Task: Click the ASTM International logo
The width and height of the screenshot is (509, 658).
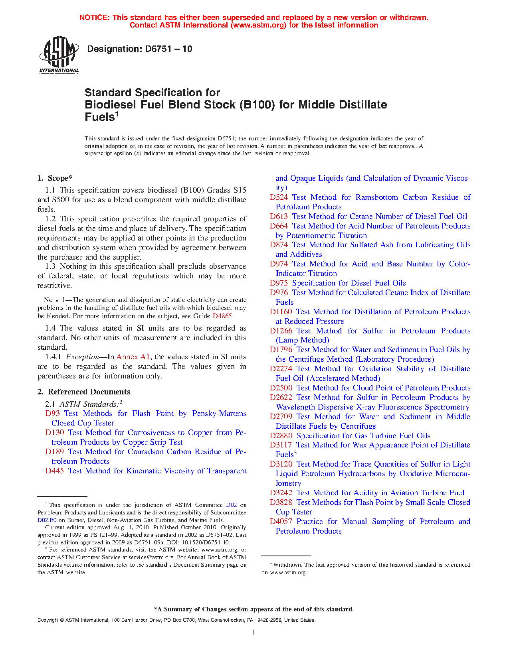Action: [59, 55]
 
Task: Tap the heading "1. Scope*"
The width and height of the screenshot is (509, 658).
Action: [55, 178]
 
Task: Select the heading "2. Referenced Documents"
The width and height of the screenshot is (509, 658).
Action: [84, 392]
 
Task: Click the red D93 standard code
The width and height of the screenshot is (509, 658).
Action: [52, 414]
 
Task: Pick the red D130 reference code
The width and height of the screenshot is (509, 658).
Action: [55, 433]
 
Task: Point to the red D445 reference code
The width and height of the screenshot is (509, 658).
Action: [55, 471]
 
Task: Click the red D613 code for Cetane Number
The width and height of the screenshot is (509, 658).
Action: [279, 217]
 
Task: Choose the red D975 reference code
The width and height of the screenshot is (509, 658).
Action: [279, 283]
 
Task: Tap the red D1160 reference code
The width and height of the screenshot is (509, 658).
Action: [281, 312]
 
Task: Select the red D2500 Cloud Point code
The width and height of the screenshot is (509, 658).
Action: [281, 388]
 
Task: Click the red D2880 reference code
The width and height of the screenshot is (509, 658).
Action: [281, 436]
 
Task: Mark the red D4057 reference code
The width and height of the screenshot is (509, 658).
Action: [281, 522]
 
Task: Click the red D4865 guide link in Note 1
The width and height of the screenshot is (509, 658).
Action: [222, 316]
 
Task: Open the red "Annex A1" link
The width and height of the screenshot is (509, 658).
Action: [133, 357]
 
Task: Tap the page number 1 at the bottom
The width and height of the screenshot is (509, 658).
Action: [254, 632]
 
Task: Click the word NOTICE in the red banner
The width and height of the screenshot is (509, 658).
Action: [94, 18]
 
